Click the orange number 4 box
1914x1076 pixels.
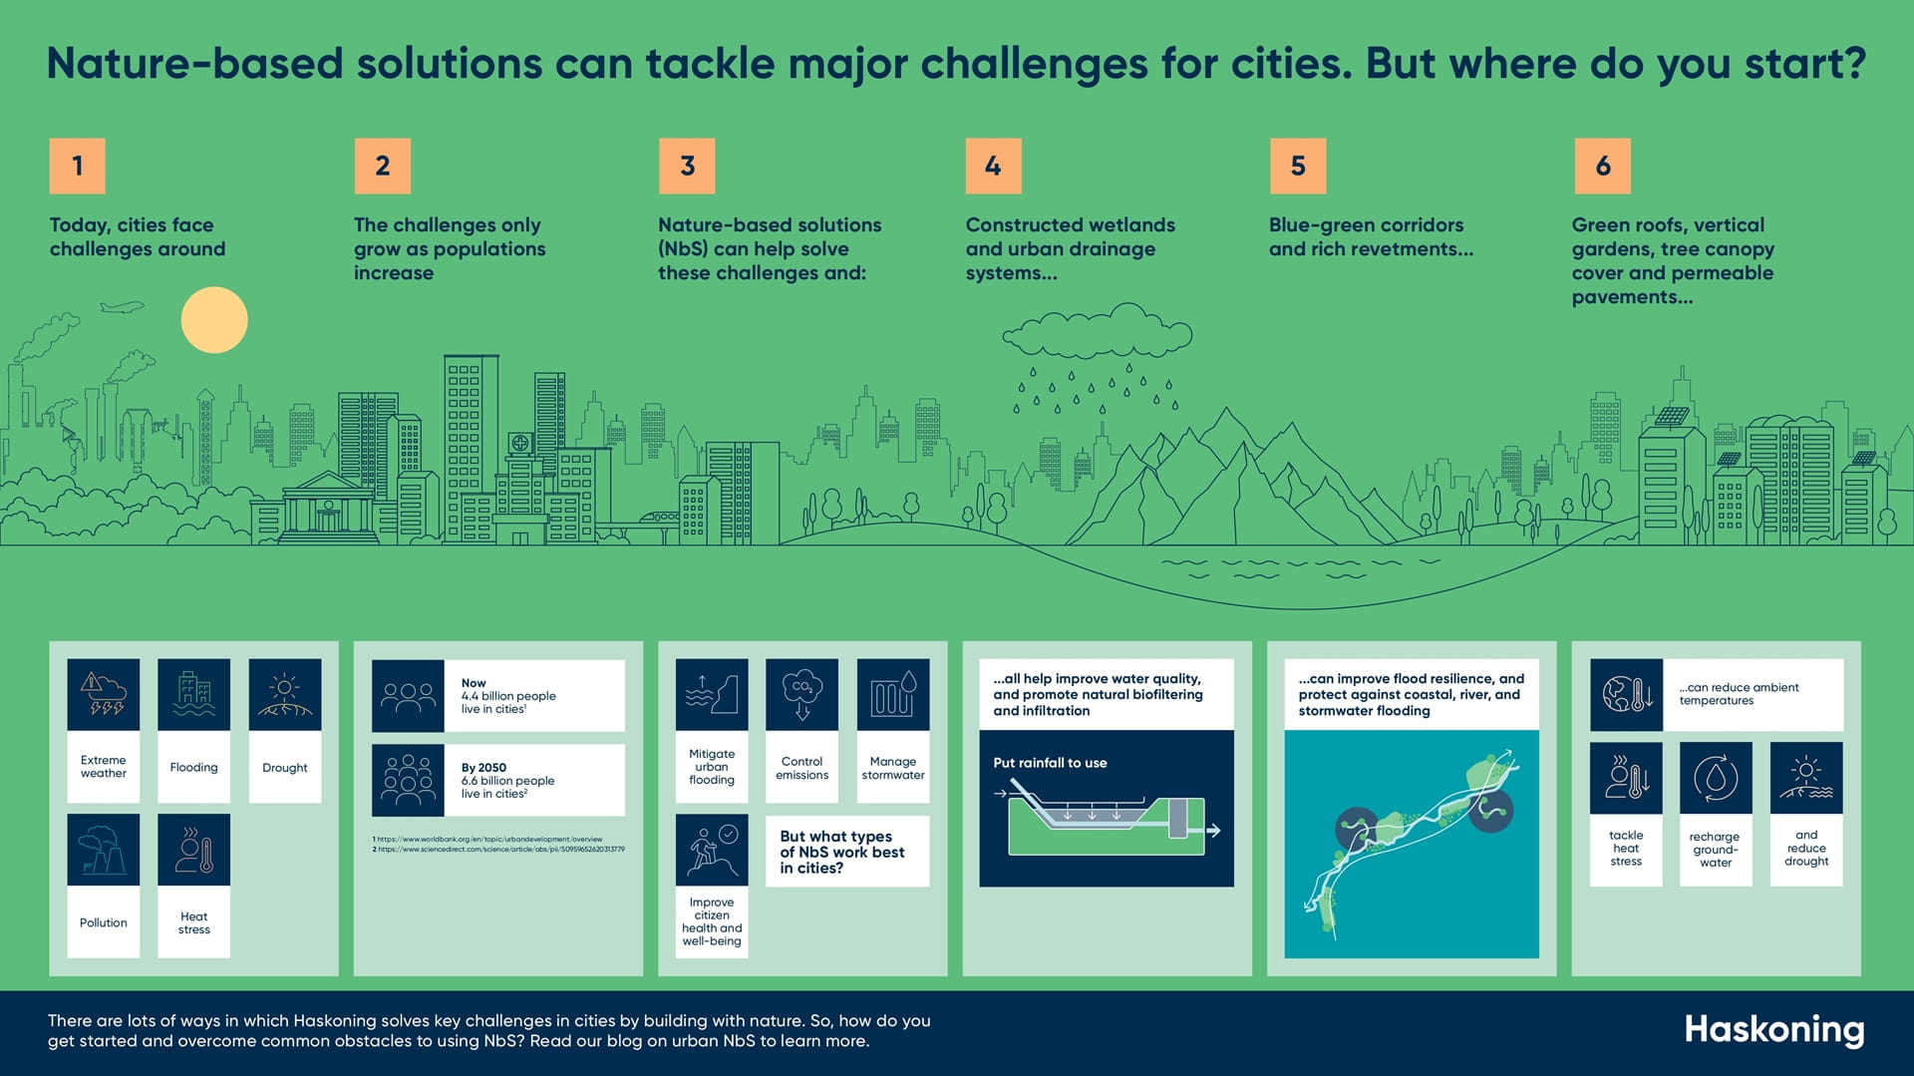[x=993, y=166]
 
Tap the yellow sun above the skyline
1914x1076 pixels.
[x=214, y=320]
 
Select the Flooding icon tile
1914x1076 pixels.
[x=193, y=694]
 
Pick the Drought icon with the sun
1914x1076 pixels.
[x=285, y=694]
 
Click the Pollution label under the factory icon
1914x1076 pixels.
[x=104, y=922]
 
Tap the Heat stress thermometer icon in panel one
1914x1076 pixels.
[x=193, y=850]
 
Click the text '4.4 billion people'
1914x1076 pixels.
[x=508, y=696]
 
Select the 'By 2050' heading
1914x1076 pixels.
[x=483, y=768]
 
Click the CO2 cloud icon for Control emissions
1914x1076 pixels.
[x=802, y=694]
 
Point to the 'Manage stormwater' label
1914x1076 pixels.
[x=893, y=768]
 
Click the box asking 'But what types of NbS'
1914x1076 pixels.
[x=846, y=852]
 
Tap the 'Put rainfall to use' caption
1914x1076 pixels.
[x=1050, y=763]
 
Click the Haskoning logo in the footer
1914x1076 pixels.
[x=1773, y=1030]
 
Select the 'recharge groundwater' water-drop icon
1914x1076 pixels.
[x=1716, y=778]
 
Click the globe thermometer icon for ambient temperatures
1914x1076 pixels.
[x=1626, y=694]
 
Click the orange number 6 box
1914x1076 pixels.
[x=1603, y=166]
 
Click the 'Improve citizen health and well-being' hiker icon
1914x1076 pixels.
[x=712, y=850]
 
